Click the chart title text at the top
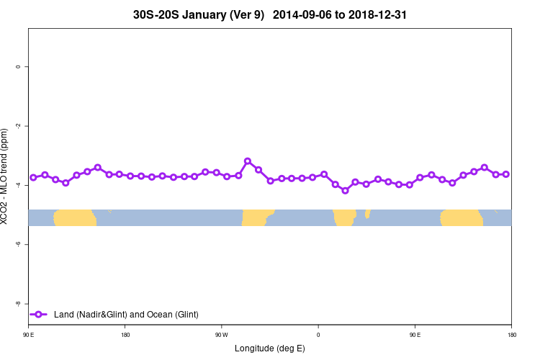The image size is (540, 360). click(270, 14)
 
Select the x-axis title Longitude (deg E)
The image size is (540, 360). click(270, 348)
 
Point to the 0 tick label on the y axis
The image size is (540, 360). click(18, 67)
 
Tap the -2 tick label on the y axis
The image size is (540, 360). click(18, 126)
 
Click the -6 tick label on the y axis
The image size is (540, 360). click(18, 244)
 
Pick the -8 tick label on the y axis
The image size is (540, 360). click(18, 304)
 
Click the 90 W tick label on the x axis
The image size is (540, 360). click(221, 335)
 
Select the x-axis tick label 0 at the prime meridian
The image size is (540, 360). click(318, 335)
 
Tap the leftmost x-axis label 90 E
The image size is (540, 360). click(29, 335)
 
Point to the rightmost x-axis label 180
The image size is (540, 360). click(511, 335)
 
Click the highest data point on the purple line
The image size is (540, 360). click(248, 161)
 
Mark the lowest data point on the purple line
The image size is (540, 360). click(345, 190)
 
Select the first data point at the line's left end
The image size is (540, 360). click(33, 177)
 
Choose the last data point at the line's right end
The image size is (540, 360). click(506, 174)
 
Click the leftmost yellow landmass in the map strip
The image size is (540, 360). click(75, 217)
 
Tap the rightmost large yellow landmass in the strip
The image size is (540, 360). click(462, 217)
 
